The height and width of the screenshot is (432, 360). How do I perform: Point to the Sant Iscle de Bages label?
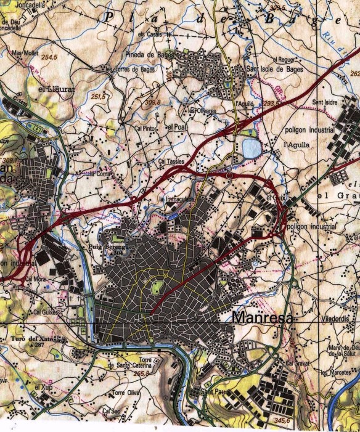click(273, 68)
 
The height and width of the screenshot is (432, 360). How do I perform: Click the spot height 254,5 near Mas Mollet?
click(49, 57)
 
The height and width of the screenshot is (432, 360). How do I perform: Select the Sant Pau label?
click(202, 391)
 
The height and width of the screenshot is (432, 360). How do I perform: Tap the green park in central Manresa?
click(157, 286)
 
